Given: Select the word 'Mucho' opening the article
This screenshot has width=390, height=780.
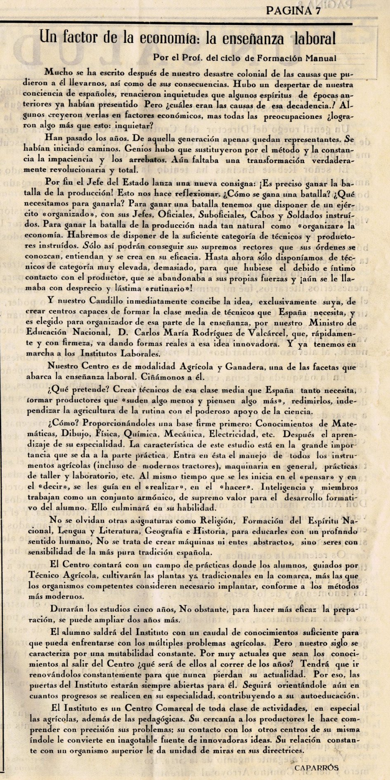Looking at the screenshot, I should tap(58, 73).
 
